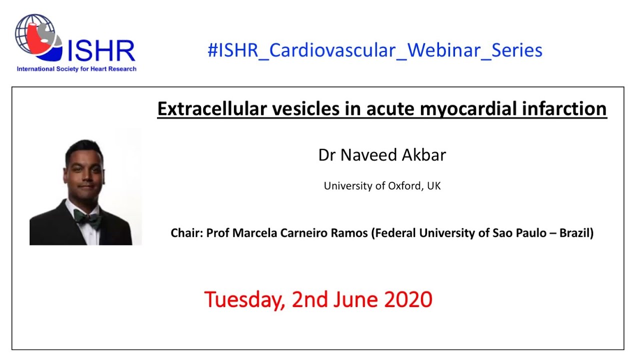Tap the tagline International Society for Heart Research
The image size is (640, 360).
click(x=76, y=69)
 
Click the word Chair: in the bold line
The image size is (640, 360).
click(x=186, y=233)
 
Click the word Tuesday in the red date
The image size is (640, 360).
click(x=244, y=299)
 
